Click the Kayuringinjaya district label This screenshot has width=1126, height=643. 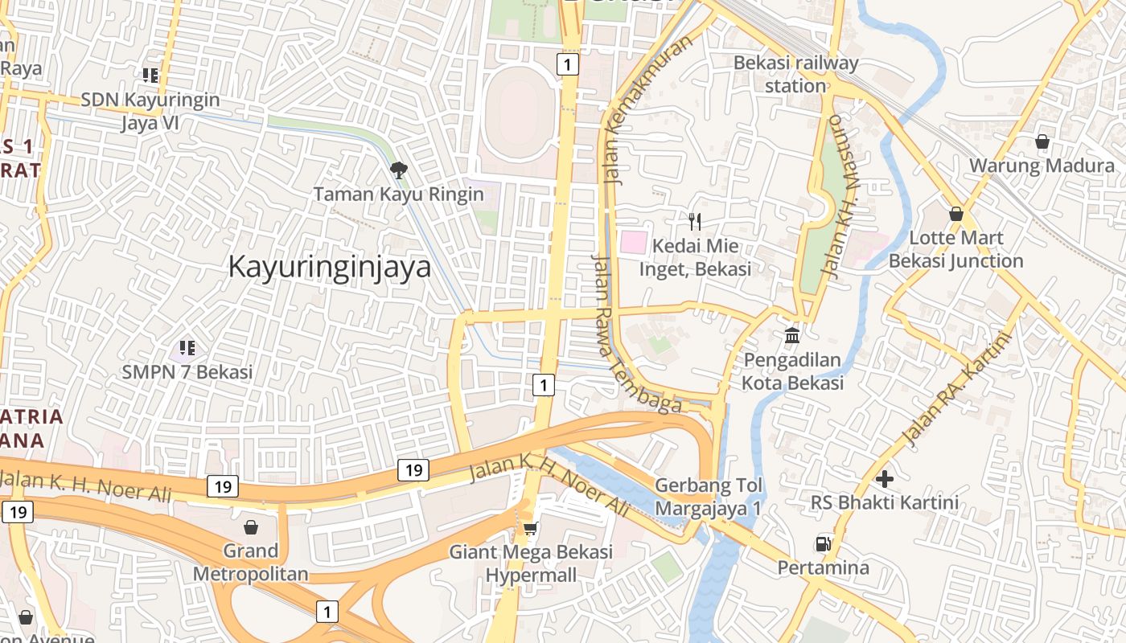coord(330,267)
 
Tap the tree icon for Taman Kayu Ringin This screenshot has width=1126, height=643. coord(397,170)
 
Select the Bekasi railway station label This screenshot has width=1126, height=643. coord(795,74)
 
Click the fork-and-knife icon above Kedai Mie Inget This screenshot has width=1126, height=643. coord(695,221)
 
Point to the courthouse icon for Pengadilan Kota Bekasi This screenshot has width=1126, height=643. coord(792,334)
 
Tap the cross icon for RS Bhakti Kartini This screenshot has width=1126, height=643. coord(885,479)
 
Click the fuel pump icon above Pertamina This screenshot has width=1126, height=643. coord(823,544)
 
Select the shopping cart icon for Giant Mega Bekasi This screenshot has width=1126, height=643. coord(530,528)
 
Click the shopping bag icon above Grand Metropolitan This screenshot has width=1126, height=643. coord(251,527)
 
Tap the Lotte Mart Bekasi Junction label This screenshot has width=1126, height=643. coord(955,249)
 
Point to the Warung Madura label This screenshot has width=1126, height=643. coord(1041,166)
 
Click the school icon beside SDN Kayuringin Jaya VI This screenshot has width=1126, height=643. coord(150,76)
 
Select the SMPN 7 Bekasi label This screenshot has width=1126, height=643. coord(187,372)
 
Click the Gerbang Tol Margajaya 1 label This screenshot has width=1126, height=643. coord(708,497)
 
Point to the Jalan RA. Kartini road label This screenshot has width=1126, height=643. coord(955,390)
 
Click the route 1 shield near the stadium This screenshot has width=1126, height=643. coord(568,64)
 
